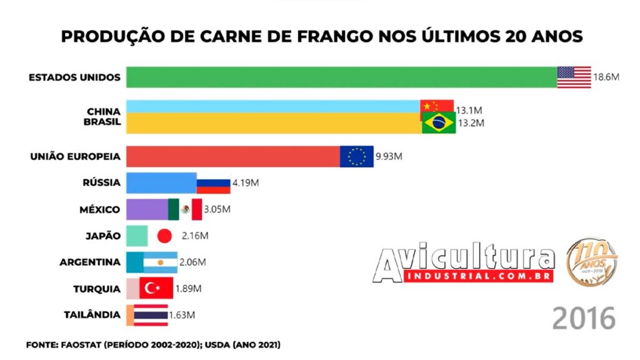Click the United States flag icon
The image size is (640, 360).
[574, 77]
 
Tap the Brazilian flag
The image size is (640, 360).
[439, 123]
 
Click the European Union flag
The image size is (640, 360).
[356, 156]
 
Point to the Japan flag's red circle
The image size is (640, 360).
[164, 236]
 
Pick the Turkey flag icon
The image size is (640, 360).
[155, 289]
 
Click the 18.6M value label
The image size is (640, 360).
[606, 77]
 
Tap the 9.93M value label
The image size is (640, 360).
[389, 156]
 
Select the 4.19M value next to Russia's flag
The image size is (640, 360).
[246, 183]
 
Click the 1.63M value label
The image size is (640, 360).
[182, 315]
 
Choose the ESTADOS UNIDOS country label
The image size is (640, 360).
[74, 77]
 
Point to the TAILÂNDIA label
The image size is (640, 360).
[92, 315]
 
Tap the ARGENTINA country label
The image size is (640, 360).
[89, 262]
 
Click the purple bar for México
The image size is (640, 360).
[147, 209]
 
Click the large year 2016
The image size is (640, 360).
[584, 318]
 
